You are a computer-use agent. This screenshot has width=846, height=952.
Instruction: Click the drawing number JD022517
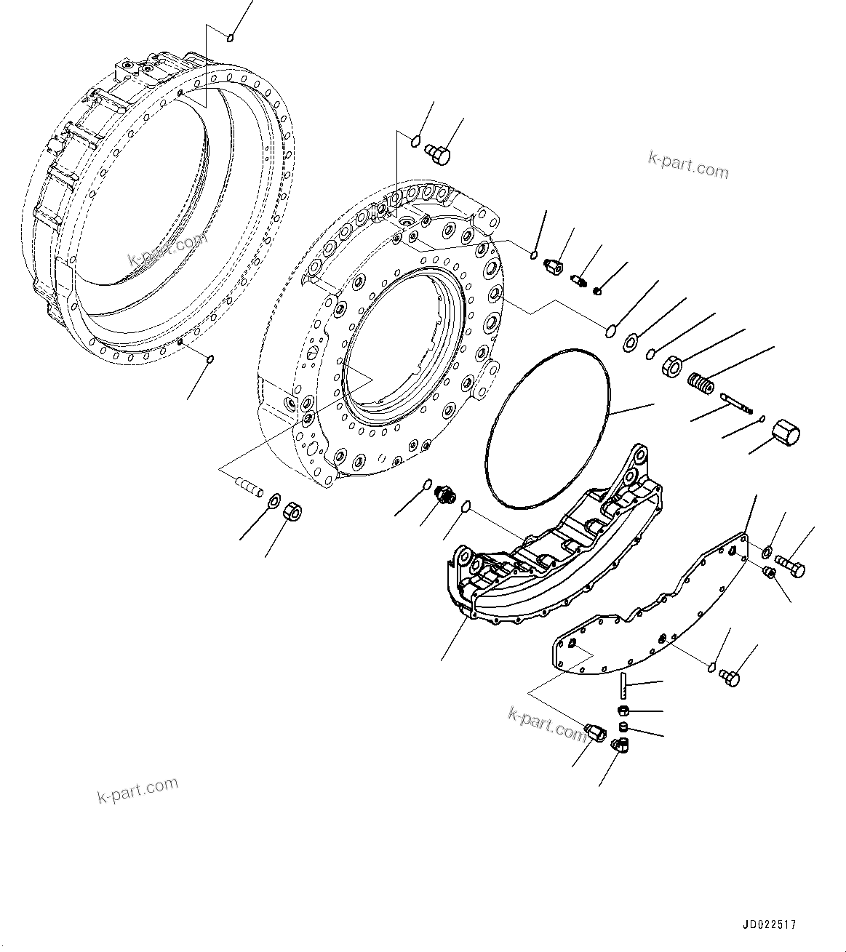(769, 925)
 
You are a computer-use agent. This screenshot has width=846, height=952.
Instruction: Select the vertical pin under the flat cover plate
(623, 684)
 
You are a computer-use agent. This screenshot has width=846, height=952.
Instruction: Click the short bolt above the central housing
(438, 153)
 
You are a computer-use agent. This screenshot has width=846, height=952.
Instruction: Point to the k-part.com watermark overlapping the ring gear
(167, 249)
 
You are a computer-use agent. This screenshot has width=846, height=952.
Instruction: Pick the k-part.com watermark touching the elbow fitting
(548, 724)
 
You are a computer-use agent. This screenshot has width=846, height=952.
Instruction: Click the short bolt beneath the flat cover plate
(730, 678)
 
